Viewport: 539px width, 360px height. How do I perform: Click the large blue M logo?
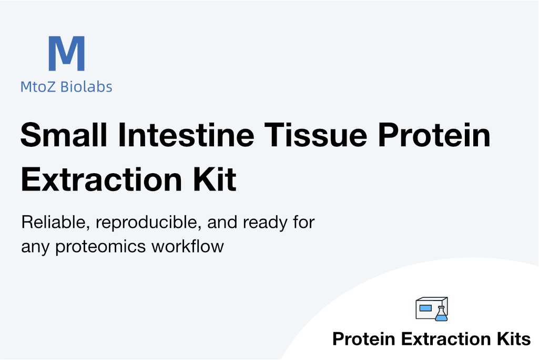pyautogui.click(x=67, y=53)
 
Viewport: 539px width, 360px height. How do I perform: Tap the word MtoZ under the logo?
pyautogui.click(x=38, y=87)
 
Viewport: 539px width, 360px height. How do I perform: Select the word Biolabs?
pyautogui.click(x=86, y=86)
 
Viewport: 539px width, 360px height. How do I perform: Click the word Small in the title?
pyautogui.click(x=64, y=135)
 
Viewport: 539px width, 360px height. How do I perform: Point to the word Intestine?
pyautogui.click(x=186, y=135)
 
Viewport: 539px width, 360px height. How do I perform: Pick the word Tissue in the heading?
pyautogui.click(x=316, y=135)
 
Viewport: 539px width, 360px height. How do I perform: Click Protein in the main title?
pyautogui.click(x=434, y=135)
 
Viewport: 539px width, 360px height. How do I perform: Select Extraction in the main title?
pyautogui.click(x=101, y=179)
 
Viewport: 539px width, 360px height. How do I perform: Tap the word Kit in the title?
pyautogui.click(x=215, y=179)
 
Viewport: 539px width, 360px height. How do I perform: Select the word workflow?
pyautogui.click(x=188, y=246)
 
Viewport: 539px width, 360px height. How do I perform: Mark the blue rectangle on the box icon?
pyautogui.click(x=425, y=308)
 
